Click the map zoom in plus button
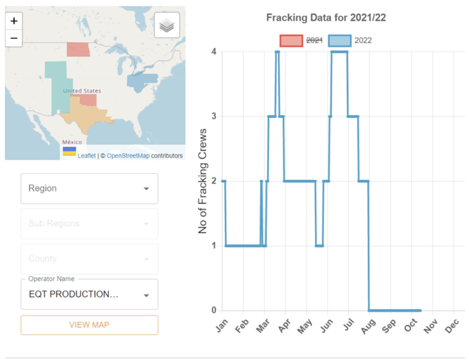pos(14,20)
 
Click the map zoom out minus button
pos(14,38)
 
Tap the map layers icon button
pos(167,25)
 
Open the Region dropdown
pos(89,189)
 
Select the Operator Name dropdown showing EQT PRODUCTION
pos(89,294)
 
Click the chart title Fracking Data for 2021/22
pos(326,18)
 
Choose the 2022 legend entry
pos(350,40)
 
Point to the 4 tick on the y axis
pos(213,51)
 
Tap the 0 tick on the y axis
pos(213,310)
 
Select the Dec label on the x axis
pos(452,327)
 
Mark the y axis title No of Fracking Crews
pos(203,181)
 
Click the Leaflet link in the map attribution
pos(86,156)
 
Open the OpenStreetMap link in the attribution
pos(128,156)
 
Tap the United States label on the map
pos(82,91)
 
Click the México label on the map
pos(72,142)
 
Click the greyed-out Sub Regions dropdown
pos(89,224)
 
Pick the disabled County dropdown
pos(89,259)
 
